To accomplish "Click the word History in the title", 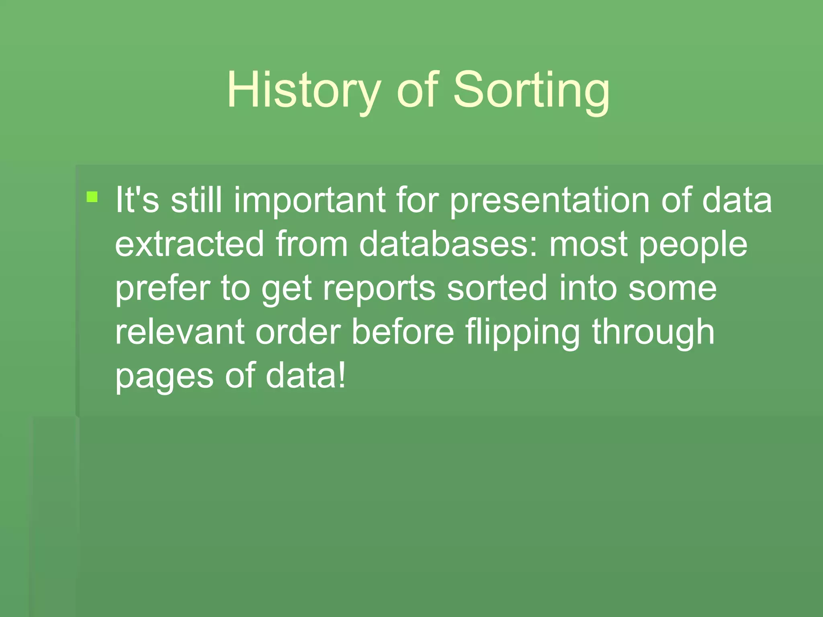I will coord(304,90).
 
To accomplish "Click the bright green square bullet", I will coord(92,197).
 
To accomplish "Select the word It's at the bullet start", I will coord(137,200).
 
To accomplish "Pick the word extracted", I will coord(189,244).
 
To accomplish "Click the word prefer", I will coord(162,288).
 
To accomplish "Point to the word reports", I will coord(379,288).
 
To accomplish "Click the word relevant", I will coord(180,333).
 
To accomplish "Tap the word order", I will coord(298,333).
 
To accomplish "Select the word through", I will coord(653,333).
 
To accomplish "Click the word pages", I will coord(164,377).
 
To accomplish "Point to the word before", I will coord(403,333).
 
